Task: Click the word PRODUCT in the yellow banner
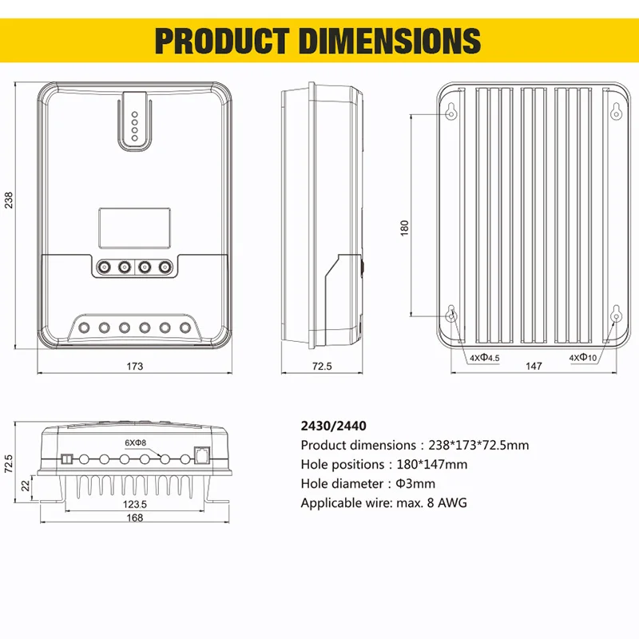(x=222, y=41)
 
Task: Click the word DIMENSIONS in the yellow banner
(x=390, y=41)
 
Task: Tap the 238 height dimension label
(x=9, y=200)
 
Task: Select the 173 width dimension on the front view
(x=134, y=367)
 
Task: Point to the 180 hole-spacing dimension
(x=404, y=228)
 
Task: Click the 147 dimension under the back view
(x=534, y=366)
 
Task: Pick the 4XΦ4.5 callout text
(x=485, y=358)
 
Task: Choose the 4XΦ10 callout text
(x=583, y=358)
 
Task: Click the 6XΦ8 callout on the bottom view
(x=135, y=443)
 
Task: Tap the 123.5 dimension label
(x=134, y=504)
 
